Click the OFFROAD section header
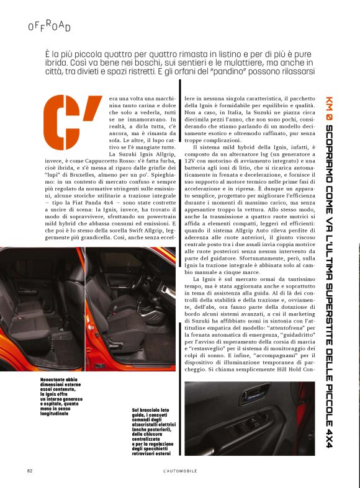point(50,26)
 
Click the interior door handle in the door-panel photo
point(292,403)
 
